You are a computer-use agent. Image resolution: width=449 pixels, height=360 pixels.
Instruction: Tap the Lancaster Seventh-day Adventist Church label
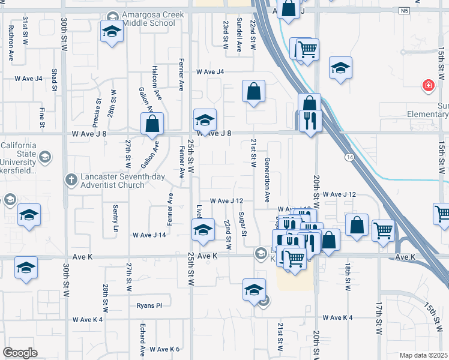[110, 181]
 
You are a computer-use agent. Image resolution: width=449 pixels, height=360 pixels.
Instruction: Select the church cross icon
[71, 178]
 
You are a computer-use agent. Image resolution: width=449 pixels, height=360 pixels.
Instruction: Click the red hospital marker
[428, 85]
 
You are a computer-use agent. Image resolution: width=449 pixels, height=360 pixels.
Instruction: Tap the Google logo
[20, 353]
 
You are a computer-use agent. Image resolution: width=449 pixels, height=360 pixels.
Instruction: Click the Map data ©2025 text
[424, 355]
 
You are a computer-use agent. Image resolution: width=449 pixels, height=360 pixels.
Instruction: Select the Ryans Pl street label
[149, 305]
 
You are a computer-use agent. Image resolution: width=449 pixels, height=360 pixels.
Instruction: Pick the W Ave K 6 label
[164, 349]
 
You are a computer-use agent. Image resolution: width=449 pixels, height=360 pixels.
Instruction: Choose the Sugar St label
[241, 224]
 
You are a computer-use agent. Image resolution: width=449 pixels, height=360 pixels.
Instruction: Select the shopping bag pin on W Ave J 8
[152, 124]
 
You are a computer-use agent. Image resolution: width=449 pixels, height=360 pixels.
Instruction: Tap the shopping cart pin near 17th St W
[382, 230]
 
